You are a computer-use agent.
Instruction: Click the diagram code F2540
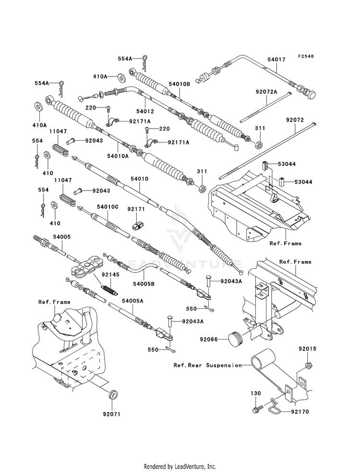pyautogui.click(x=306, y=56)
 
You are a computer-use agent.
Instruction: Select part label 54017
pyautogui.click(x=276, y=60)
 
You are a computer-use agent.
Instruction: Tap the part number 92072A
pyautogui.click(x=266, y=92)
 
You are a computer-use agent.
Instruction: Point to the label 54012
pyautogui.click(x=145, y=111)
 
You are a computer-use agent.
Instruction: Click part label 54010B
pyautogui.click(x=179, y=84)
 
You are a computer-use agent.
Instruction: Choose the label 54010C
pyautogui.click(x=108, y=207)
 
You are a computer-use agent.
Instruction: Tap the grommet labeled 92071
pyautogui.click(x=113, y=394)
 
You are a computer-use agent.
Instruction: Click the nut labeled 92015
pyautogui.click(x=308, y=366)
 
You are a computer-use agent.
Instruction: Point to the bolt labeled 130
pyautogui.click(x=257, y=409)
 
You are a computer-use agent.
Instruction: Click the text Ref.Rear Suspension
pyautogui.click(x=207, y=365)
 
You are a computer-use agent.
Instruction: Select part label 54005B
pyautogui.click(x=144, y=284)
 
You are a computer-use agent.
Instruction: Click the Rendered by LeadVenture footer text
pyautogui.click(x=180, y=467)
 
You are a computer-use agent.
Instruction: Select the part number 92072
pyautogui.click(x=295, y=120)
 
